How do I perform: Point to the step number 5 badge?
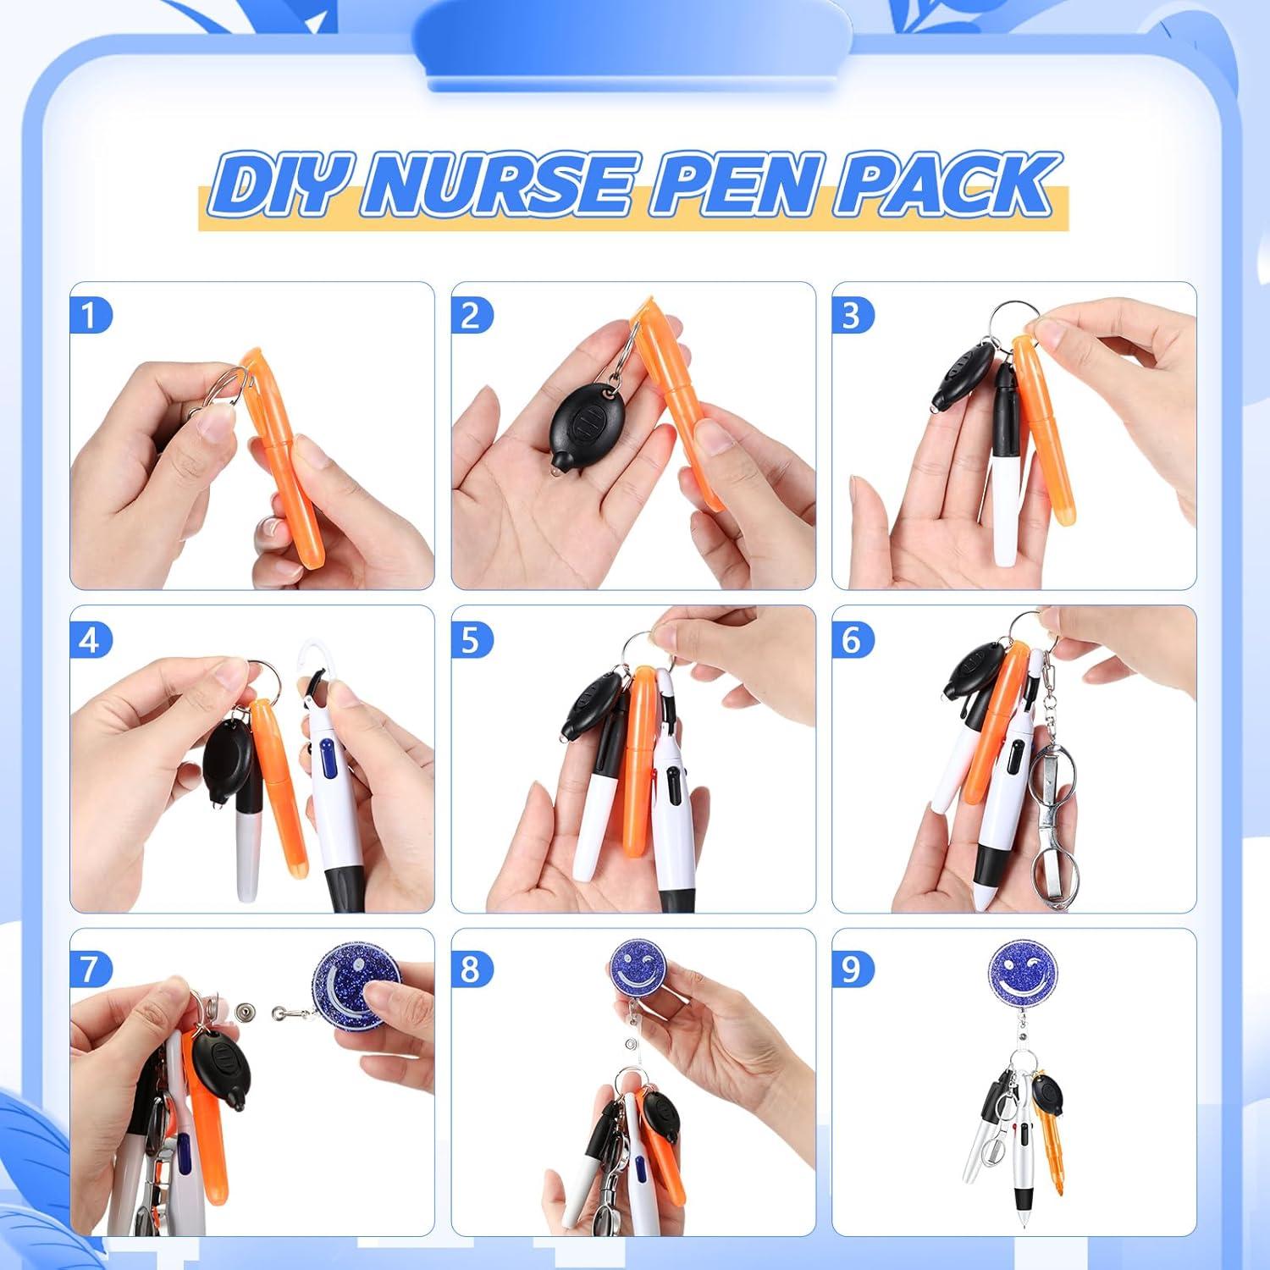coord(470,640)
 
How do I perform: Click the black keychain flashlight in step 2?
coord(577,429)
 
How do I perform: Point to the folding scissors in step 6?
coord(1048,813)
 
